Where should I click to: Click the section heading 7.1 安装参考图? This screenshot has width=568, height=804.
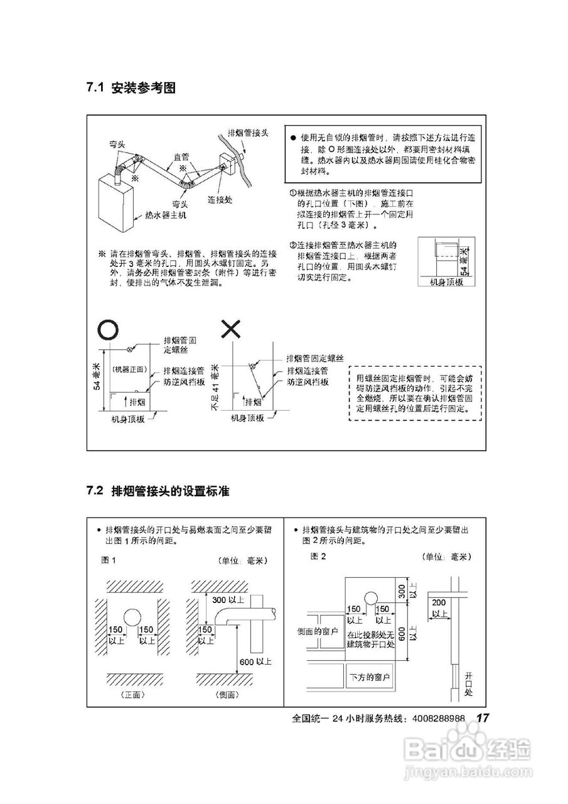point(131,89)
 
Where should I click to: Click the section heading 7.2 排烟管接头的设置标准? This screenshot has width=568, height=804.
point(158,491)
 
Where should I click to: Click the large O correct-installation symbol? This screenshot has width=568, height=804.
point(106,329)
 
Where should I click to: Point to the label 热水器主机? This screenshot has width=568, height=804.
point(166,215)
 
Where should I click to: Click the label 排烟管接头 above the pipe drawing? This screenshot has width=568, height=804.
point(248,133)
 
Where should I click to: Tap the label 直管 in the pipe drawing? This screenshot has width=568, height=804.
point(181,157)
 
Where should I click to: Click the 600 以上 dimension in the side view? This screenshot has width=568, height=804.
point(254,661)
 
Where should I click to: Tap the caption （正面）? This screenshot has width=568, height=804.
point(132,695)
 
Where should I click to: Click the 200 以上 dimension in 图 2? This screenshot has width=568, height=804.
point(439,607)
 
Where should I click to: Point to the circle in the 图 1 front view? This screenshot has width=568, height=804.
point(132,617)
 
